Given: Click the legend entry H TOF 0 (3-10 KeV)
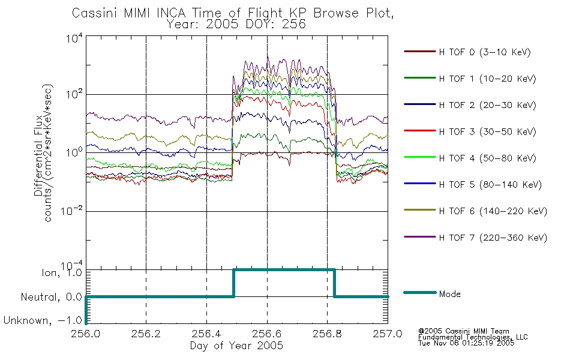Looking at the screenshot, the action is [467, 52].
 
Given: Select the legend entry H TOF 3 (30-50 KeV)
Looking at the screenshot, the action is [470, 131].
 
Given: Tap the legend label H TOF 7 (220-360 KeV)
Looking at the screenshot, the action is [475, 238].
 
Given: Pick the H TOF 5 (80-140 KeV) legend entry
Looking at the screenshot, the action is [473, 184].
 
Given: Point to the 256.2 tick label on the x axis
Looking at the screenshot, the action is [146, 334].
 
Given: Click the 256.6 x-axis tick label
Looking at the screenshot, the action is [267, 334].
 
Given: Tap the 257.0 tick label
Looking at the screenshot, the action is [388, 334].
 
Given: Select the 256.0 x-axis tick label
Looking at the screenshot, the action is [86, 334].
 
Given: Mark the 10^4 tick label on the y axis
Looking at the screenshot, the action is [74, 38].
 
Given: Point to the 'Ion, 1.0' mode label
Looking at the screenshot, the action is [61, 272].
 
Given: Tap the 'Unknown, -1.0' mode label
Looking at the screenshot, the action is [43, 320].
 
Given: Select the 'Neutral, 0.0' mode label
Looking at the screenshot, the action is [51, 297].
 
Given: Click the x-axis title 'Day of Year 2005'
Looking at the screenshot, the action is [236, 346].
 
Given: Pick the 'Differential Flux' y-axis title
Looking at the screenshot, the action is [38, 155].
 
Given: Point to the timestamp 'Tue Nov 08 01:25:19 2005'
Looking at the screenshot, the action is [466, 343].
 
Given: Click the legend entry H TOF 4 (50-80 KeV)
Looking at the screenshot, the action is [470, 158].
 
